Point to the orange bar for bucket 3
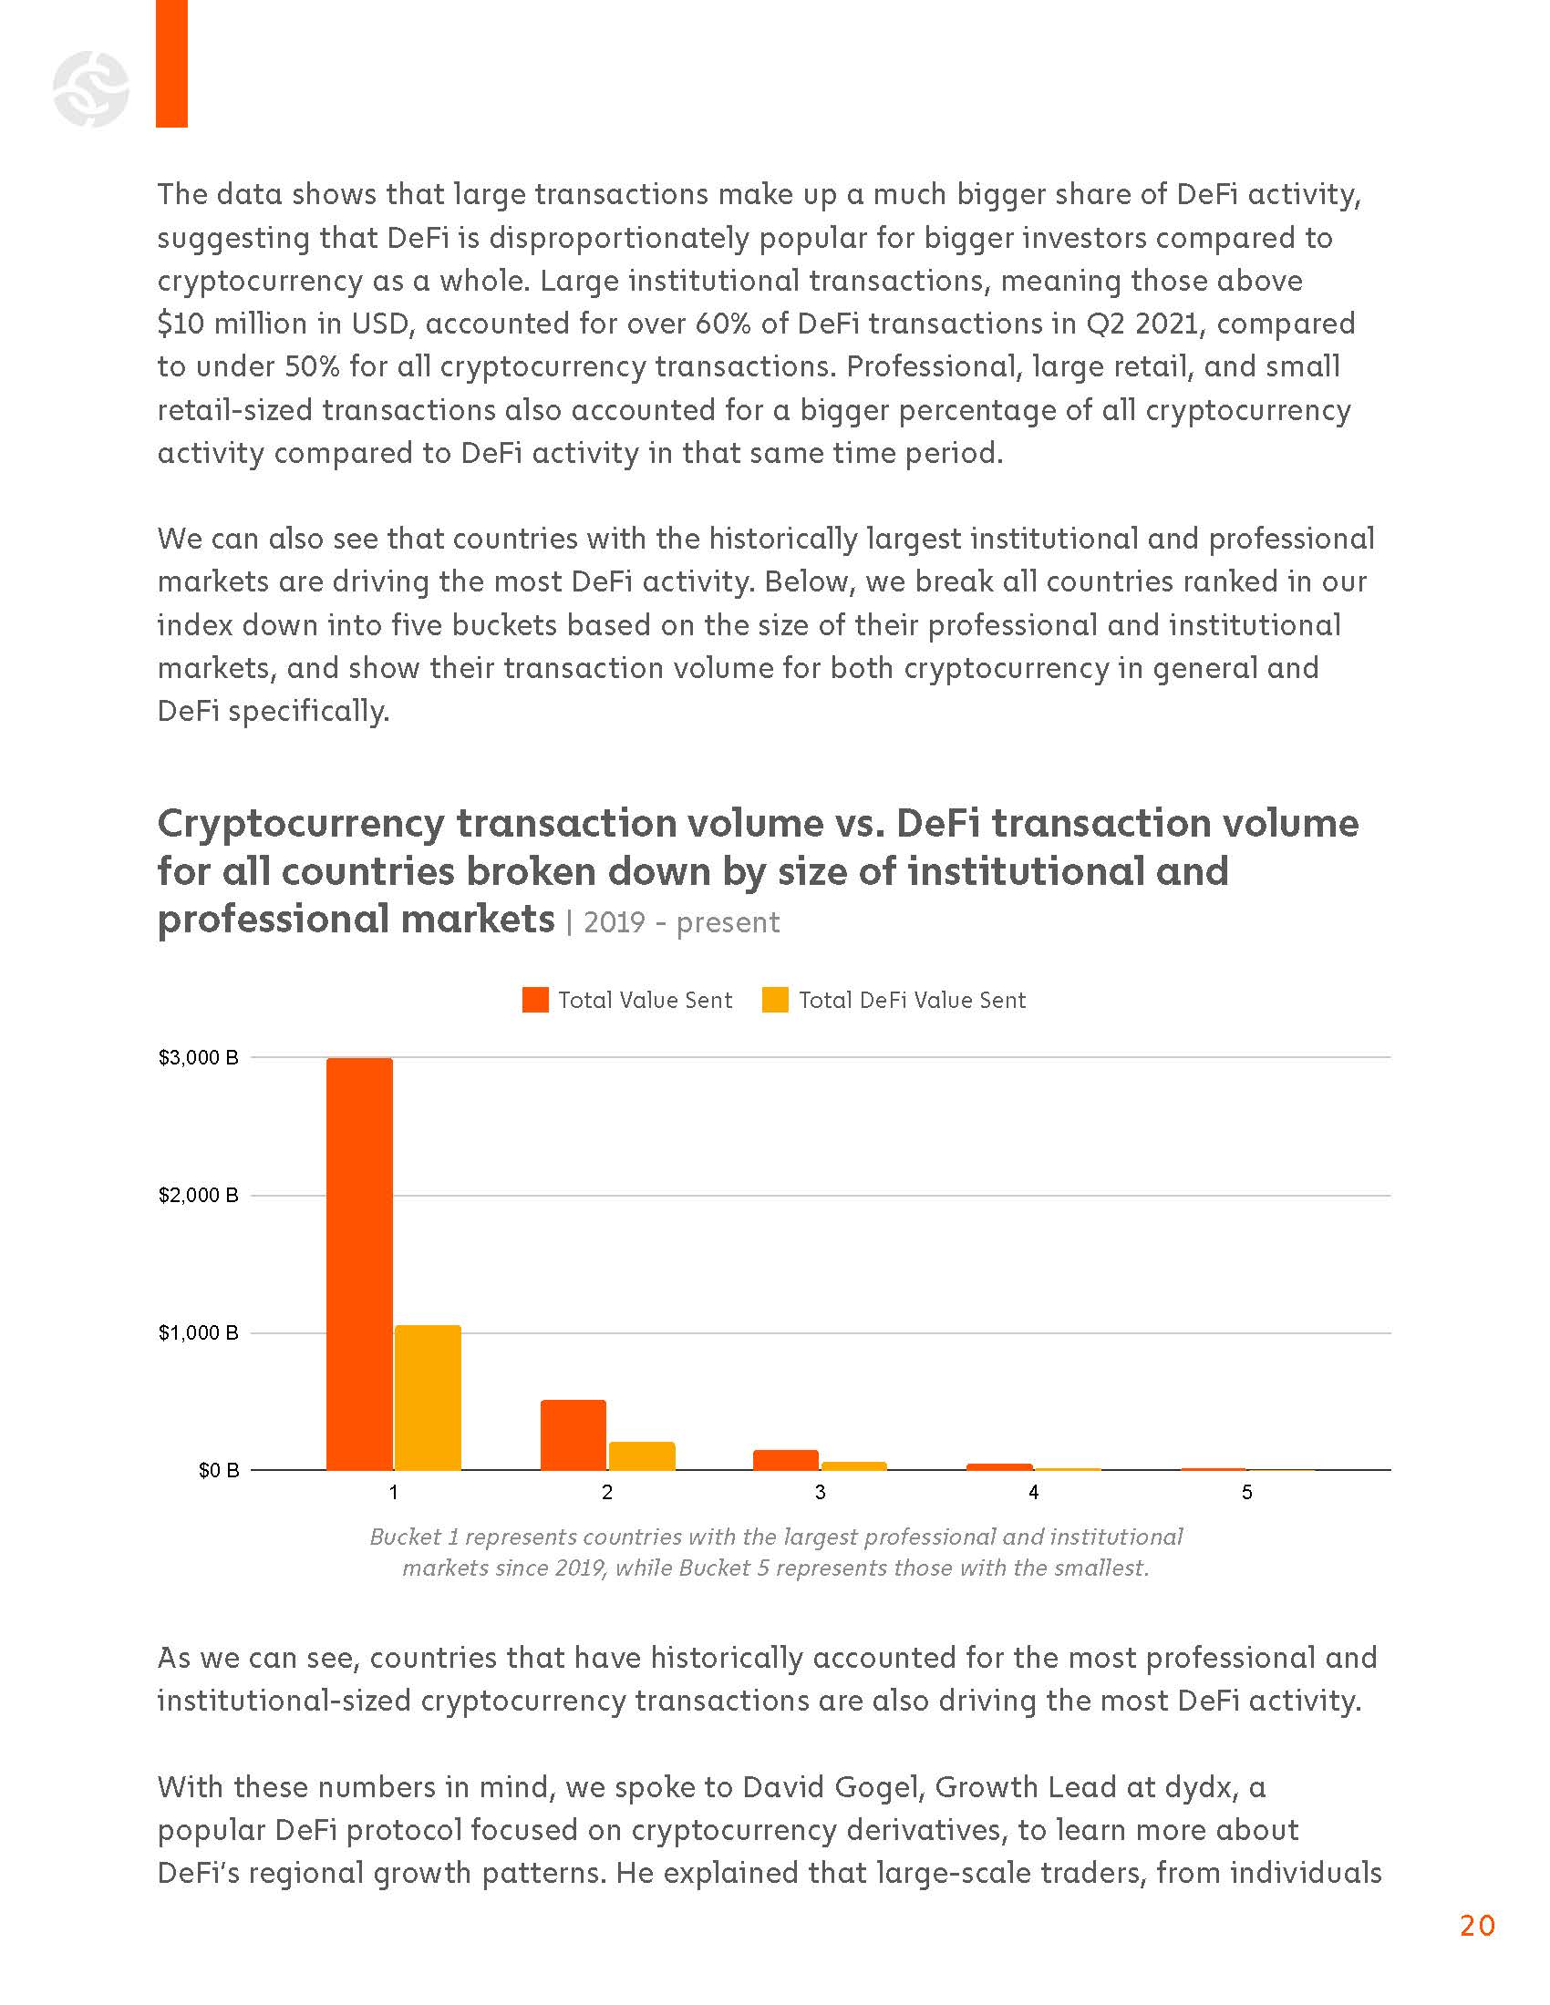point(785,1460)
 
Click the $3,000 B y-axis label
point(199,1057)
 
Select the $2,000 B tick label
point(199,1196)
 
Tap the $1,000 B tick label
point(199,1333)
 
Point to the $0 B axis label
point(219,1471)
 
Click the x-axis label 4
point(1033,1493)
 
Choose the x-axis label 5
point(1246,1493)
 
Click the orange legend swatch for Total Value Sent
point(535,1000)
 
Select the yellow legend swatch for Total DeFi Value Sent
point(776,1000)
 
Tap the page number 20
point(1476,1925)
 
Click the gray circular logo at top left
point(91,89)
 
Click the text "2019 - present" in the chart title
point(681,922)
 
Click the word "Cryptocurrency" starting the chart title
point(300,824)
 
